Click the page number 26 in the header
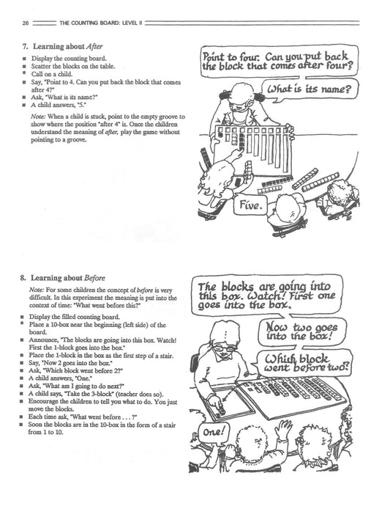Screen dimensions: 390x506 pos(26,23)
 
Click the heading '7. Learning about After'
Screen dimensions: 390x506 pos(62,46)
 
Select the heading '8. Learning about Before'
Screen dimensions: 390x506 pos(62,278)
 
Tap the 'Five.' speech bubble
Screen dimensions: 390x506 pos(250,205)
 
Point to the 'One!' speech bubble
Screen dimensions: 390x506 pos(213,432)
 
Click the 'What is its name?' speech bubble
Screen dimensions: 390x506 pos(310,89)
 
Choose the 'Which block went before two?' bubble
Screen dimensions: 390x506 pos(303,363)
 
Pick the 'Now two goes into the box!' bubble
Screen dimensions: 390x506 pos(302,331)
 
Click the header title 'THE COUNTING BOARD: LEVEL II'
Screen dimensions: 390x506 pos(100,23)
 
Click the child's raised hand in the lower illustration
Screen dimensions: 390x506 pos(284,428)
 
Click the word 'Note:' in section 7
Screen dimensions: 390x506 pos(37,117)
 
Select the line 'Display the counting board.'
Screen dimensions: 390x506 pos(69,59)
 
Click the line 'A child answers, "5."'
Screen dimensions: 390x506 pos(59,105)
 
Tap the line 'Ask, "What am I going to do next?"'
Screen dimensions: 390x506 pos(77,386)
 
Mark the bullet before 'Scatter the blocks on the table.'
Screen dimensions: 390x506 pos(24,67)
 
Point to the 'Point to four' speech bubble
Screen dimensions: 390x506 pos(279,62)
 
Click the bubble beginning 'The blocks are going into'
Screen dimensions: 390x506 pos(266,296)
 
